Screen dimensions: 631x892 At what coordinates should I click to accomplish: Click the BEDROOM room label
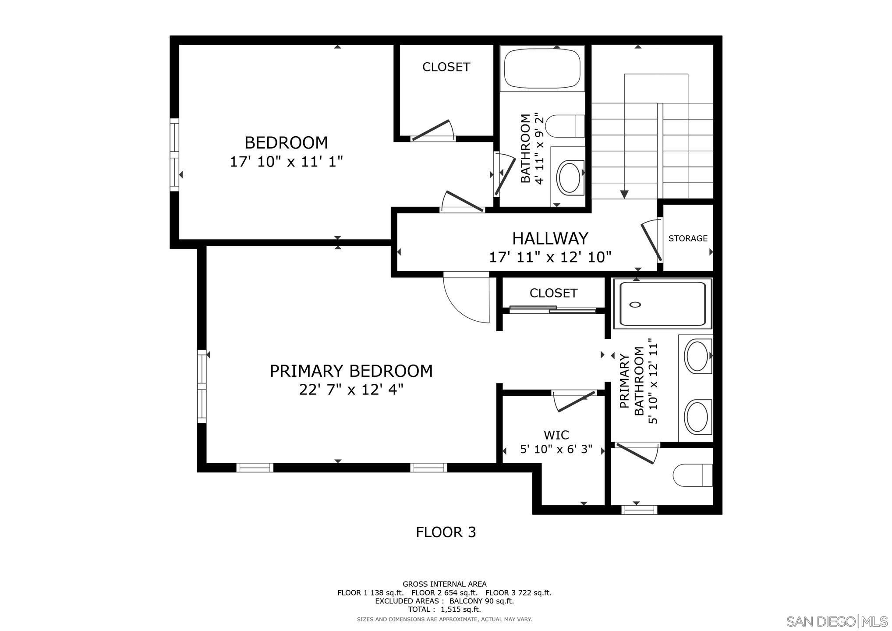click(x=286, y=143)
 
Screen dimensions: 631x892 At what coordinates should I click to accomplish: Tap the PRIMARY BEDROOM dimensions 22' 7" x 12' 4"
click(x=351, y=390)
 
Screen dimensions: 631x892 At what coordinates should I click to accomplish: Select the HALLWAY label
click(x=550, y=238)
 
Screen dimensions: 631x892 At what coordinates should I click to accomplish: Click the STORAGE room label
click(x=687, y=238)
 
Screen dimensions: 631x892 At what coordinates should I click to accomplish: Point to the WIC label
click(x=556, y=435)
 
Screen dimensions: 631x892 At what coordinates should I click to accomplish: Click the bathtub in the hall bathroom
click(x=542, y=69)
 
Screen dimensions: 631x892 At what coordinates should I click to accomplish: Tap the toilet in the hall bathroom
click(x=566, y=126)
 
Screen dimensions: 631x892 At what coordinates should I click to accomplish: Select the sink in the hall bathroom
click(x=569, y=178)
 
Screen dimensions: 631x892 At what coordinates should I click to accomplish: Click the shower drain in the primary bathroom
click(x=635, y=305)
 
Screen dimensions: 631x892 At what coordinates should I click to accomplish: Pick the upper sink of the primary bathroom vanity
click(x=697, y=356)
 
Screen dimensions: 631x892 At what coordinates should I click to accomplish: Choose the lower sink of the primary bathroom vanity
click(x=697, y=416)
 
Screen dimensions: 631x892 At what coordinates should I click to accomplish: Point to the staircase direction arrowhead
click(x=624, y=195)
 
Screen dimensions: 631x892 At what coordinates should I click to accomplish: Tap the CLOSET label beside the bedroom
click(x=446, y=67)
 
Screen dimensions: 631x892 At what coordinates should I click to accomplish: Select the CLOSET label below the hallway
click(x=553, y=293)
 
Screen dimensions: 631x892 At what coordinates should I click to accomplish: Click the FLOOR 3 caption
click(x=446, y=532)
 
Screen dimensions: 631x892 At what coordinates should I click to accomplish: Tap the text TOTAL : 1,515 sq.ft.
click(x=444, y=610)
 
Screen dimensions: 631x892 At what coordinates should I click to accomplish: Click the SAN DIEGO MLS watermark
click(x=836, y=621)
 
